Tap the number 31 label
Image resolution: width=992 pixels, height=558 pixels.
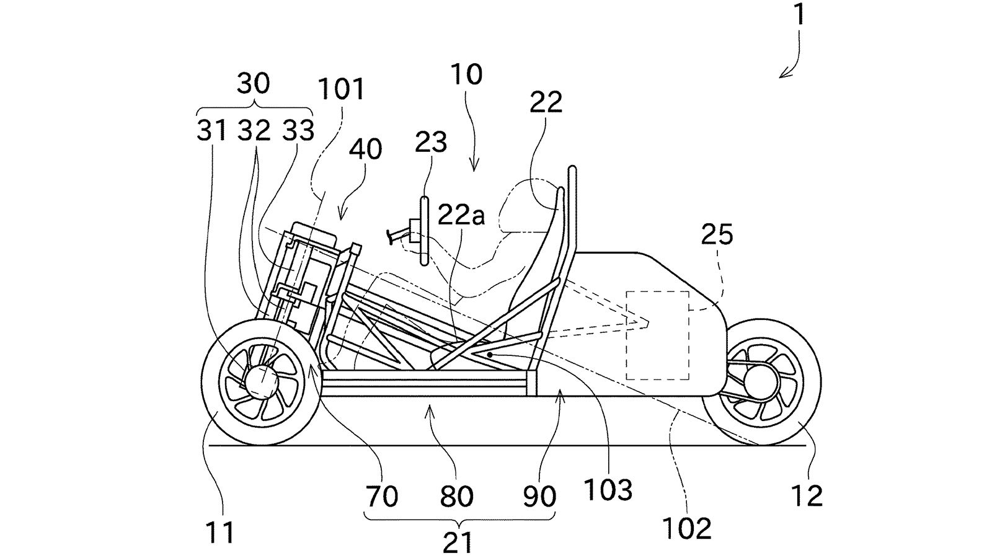tap(211, 131)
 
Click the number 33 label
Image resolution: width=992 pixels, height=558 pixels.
tap(298, 131)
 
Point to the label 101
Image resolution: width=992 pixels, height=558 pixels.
tap(342, 89)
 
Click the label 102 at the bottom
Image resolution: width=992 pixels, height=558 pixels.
tap(687, 528)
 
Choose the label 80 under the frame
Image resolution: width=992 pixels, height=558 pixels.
tap(456, 496)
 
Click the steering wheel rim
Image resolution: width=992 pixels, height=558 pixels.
tap(424, 231)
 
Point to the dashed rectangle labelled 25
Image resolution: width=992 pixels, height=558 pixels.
tap(657, 335)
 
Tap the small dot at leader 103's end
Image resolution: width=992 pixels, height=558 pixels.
tap(489, 355)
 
